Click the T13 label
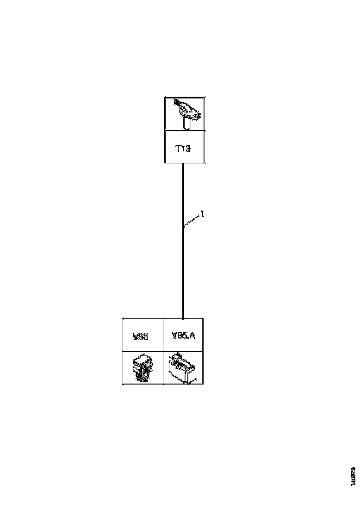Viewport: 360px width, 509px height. (x=183, y=149)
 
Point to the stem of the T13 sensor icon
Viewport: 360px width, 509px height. (x=187, y=124)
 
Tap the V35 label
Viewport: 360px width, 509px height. (x=140, y=337)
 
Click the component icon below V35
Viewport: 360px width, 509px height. (x=143, y=368)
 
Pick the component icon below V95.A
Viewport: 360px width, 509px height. (x=183, y=368)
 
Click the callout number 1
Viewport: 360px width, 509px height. (x=202, y=214)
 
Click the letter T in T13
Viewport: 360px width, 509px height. (x=178, y=149)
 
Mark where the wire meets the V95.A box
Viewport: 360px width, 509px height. (x=183, y=318)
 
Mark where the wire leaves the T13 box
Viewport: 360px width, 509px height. (x=183, y=163)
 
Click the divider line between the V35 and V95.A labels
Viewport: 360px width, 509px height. (x=163, y=335)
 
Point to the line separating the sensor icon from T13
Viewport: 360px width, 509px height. (x=185, y=130)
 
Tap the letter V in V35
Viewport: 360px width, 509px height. (x=136, y=337)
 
